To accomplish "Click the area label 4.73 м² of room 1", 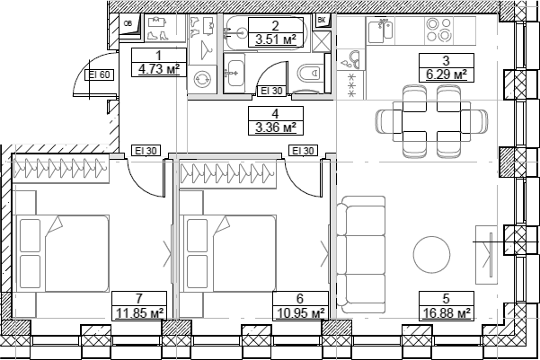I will (x=158, y=66).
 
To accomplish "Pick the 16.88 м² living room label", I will (x=447, y=313).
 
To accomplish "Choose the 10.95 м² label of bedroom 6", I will (x=299, y=313).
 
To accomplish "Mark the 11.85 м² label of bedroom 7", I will (x=138, y=313).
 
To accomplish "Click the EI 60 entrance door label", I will (x=99, y=75).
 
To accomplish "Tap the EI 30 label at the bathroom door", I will (x=271, y=91).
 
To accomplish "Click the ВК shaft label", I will (x=322, y=20).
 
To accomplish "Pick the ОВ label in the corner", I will (x=127, y=23).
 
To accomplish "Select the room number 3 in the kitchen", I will (x=447, y=61).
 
